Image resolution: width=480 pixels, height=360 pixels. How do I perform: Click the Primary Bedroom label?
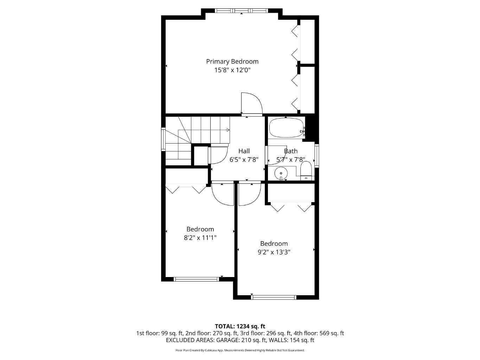click(x=232, y=62)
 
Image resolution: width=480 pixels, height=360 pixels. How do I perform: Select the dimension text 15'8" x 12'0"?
click(x=232, y=70)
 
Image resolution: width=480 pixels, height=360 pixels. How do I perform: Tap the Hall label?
click(x=244, y=151)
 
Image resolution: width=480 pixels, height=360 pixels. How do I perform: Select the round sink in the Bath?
click(x=281, y=173)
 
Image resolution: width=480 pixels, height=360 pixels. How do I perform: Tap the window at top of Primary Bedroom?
click(x=241, y=11)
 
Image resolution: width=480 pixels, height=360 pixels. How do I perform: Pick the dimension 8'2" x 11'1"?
click(x=200, y=238)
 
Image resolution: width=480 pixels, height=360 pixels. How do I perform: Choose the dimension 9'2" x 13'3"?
click(x=274, y=252)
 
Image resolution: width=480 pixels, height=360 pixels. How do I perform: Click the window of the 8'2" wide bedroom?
click(x=196, y=279)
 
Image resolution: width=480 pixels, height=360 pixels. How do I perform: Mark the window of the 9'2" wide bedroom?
click(x=274, y=297)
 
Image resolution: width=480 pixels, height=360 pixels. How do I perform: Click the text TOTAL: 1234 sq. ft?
click(x=240, y=326)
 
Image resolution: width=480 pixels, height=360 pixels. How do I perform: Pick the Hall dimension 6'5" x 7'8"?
click(x=244, y=160)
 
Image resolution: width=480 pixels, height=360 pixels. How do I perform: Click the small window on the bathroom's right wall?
click(x=316, y=155)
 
